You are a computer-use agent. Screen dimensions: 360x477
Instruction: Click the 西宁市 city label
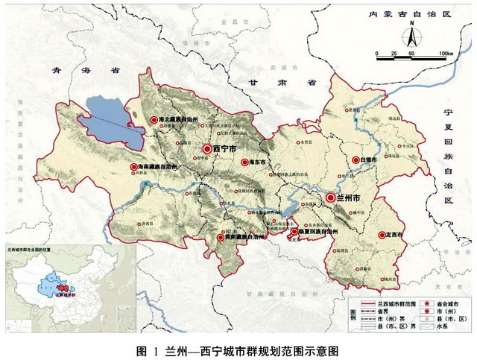pos(224,149)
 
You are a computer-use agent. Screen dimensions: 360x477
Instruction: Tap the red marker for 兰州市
pos(329,198)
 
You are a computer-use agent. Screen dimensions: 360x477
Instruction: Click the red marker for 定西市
pos(382,235)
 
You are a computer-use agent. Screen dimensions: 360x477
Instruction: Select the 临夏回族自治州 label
pos(318,232)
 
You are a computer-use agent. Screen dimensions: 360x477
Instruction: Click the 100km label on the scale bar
pos(446,54)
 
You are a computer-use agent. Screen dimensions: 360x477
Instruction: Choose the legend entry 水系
pos(456,326)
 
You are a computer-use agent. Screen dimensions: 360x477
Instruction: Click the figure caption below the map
pos(238,350)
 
